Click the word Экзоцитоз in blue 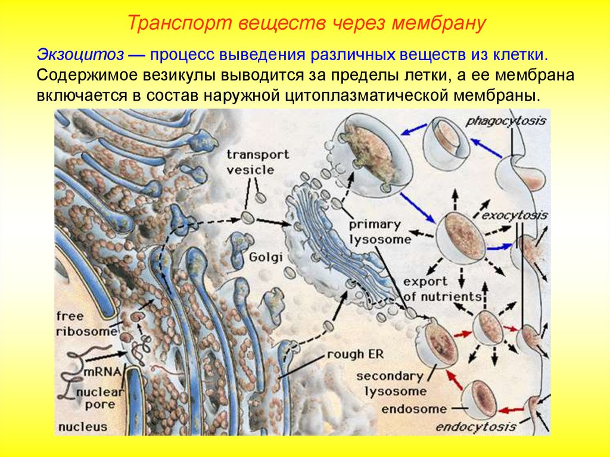80,54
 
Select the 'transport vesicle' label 258,162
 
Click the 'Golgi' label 266,257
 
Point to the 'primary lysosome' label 379,232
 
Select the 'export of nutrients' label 442,289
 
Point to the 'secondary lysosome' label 390,384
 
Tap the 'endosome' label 413,409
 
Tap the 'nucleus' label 83,427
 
